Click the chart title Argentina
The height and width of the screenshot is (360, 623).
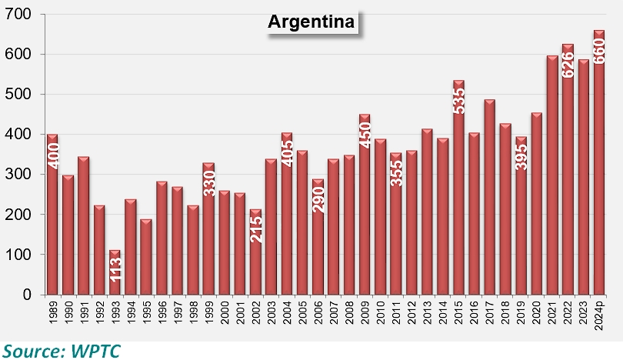click(x=311, y=22)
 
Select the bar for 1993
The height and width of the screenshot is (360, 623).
click(x=115, y=272)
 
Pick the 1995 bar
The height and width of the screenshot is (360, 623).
click(x=146, y=257)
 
